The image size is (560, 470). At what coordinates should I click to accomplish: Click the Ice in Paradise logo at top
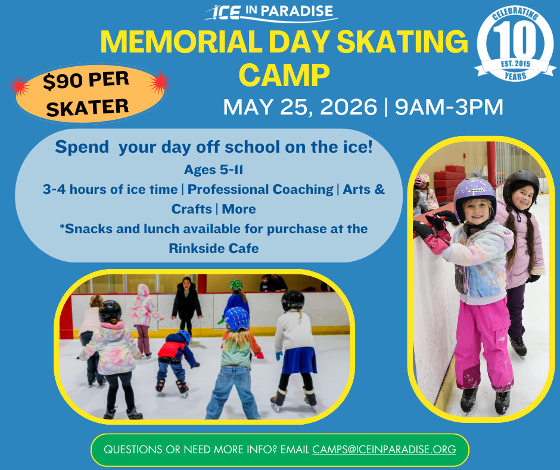click(x=272, y=13)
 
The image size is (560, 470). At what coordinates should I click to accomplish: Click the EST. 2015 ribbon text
click(x=515, y=64)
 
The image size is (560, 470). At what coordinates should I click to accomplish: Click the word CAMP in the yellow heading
click(x=284, y=75)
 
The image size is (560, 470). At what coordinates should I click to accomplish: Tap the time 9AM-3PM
click(x=449, y=107)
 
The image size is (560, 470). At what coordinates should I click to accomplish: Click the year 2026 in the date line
click(x=349, y=107)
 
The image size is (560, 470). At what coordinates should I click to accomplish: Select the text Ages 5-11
click(x=213, y=169)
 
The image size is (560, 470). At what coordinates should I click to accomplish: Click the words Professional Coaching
click(x=260, y=189)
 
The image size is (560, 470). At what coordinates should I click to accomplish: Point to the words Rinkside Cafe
click(x=213, y=248)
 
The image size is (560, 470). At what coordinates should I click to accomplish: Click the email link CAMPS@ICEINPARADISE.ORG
click(x=384, y=449)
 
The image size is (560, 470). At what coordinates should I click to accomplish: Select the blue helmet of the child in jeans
click(x=237, y=319)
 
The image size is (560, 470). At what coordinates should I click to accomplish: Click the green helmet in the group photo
click(x=236, y=285)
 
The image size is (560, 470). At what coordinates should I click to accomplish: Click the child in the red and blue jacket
click(x=175, y=362)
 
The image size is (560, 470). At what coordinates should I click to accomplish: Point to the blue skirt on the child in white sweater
click(x=299, y=360)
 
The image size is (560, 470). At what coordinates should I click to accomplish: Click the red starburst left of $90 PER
click(x=20, y=86)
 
